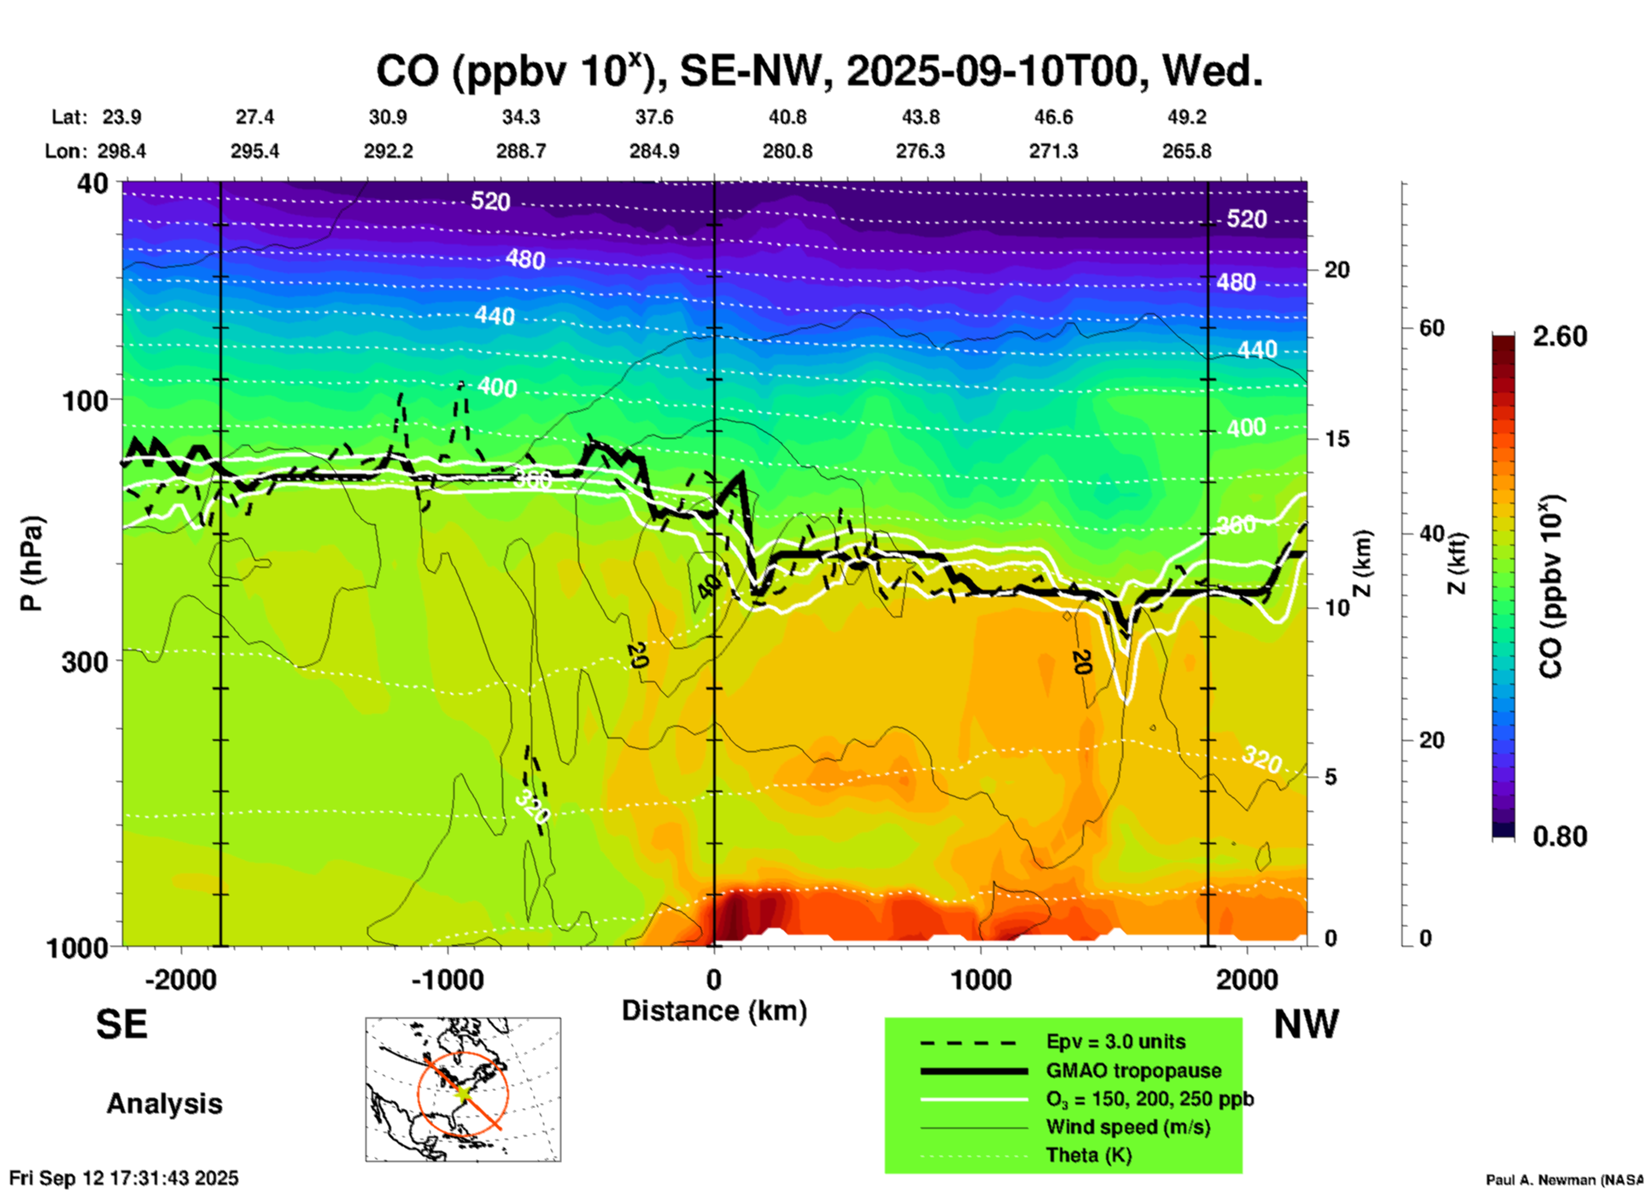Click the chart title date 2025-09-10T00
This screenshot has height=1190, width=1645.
click(x=993, y=72)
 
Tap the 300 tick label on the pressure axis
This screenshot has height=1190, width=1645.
click(x=85, y=662)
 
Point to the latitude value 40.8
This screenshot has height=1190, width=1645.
click(x=787, y=117)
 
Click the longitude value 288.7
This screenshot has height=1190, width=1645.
click(x=520, y=151)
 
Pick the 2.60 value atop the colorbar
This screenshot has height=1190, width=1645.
click(x=1560, y=336)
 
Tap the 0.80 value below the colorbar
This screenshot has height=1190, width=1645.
click(x=1560, y=836)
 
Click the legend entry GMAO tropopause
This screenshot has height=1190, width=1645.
click(x=1133, y=1070)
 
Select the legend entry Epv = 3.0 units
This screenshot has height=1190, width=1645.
click(x=1115, y=1041)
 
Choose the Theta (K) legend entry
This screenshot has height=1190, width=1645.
click(x=1089, y=1155)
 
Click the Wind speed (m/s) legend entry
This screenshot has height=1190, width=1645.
click(x=1127, y=1127)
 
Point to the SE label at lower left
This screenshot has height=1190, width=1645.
click(x=121, y=1024)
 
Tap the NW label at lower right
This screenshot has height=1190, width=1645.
click(x=1306, y=1024)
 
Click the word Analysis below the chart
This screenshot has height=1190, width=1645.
click(x=164, y=1103)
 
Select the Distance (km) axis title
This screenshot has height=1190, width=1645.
click(x=714, y=1011)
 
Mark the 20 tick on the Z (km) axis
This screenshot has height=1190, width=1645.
click(x=1337, y=270)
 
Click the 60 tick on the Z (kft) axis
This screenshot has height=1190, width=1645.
click(x=1431, y=328)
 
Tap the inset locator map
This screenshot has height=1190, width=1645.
click(x=463, y=1088)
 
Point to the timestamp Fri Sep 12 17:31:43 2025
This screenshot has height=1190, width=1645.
click(x=124, y=1178)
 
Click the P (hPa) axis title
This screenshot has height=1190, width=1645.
click(x=32, y=563)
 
